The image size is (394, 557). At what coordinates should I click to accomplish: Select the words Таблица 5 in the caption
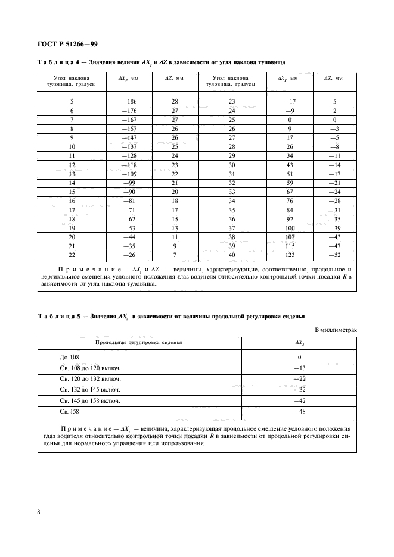pyautogui.click(x=58, y=315)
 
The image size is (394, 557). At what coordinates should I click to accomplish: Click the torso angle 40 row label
pyautogui.click(x=231, y=255)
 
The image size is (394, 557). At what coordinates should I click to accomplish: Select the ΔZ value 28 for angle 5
pyautogui.click(x=175, y=102)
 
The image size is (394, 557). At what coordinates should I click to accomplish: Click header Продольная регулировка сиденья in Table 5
pyautogui.click(x=139, y=343)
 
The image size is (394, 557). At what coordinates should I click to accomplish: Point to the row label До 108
pyautogui.click(x=70, y=358)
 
